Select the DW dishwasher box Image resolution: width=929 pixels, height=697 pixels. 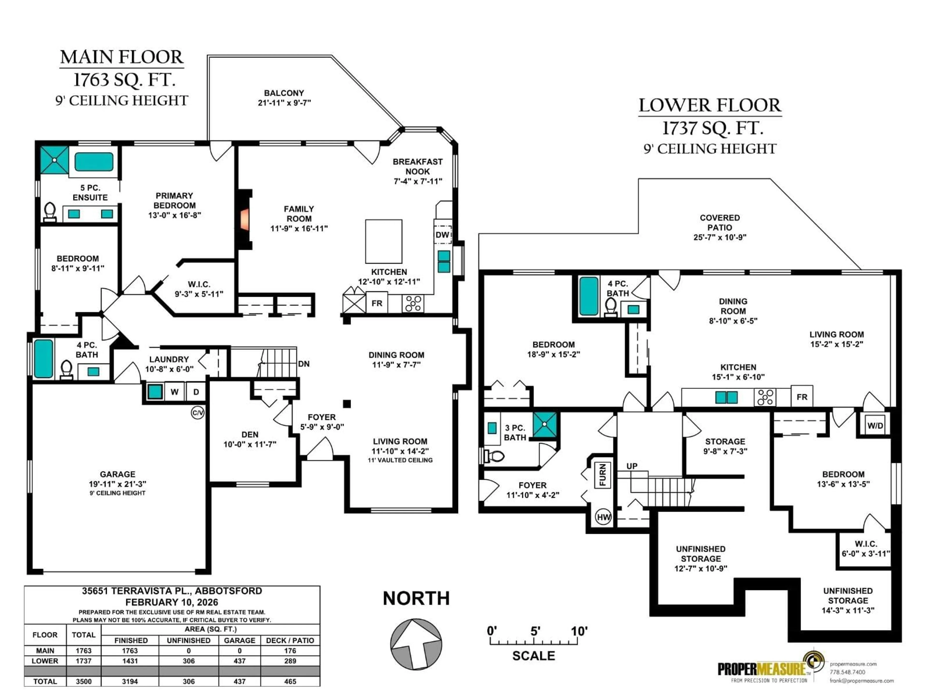point(442,235)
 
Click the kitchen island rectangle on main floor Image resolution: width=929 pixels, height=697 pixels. point(383,241)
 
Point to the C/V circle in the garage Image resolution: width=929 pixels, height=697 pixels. point(197,413)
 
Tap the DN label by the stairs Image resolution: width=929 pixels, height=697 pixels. point(304,364)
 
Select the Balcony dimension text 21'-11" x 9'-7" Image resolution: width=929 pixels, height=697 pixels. point(284,103)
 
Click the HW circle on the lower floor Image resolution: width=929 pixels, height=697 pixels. point(604,517)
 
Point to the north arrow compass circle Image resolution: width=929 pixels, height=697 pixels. point(416,644)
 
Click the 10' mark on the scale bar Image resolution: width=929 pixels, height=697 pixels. point(579,631)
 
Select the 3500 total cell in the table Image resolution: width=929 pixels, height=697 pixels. point(83,681)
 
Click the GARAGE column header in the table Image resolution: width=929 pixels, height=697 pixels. point(240,640)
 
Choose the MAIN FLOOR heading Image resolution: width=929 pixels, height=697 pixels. point(121,57)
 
